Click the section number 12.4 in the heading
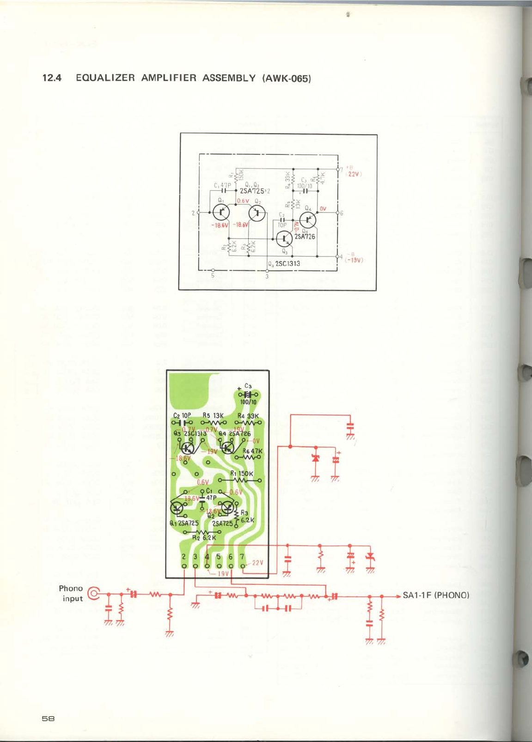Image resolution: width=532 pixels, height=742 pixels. pos(52,78)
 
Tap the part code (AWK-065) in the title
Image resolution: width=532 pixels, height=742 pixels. pos(286,78)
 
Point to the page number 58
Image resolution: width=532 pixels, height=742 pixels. pos(48,718)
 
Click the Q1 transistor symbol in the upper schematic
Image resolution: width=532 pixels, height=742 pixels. pos(221,213)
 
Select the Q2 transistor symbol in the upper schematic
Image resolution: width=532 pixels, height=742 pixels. pos(257,213)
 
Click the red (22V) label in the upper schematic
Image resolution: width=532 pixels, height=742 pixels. pos(354,174)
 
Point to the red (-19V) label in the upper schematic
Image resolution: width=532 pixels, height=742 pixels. pos(354,260)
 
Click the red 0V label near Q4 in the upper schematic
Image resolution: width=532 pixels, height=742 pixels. pos(323,209)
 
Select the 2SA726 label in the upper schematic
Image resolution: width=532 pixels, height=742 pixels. pos(305,237)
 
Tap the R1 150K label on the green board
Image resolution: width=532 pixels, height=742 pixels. pos(242,474)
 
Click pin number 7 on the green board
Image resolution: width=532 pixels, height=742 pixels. pos(242,557)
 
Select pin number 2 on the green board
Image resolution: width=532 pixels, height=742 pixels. pos(184,557)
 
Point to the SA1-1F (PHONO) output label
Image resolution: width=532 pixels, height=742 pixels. pos(436,595)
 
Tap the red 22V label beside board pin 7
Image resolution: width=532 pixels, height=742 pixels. pos(257,563)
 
